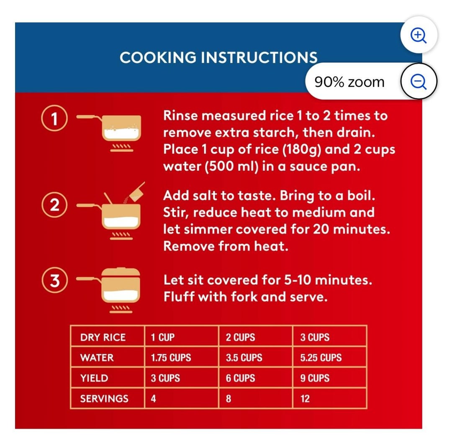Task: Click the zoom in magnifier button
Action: pyautogui.click(x=419, y=35)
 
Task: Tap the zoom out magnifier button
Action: pyautogui.click(x=419, y=82)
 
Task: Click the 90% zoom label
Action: pyautogui.click(x=349, y=82)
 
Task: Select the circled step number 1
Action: pyautogui.click(x=54, y=118)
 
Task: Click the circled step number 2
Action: pyautogui.click(x=54, y=205)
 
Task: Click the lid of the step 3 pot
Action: pyautogui.click(x=121, y=273)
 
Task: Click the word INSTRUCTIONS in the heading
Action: pyautogui.click(x=259, y=57)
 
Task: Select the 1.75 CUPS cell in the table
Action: pyautogui.click(x=171, y=357)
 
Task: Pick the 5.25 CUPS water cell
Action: pyautogui.click(x=321, y=357)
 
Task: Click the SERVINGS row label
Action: pyautogui.click(x=104, y=399)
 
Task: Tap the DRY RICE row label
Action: pyautogui.click(x=103, y=337)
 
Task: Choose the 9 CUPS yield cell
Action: pyautogui.click(x=315, y=378)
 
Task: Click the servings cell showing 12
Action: pyautogui.click(x=305, y=399)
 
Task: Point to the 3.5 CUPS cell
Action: pyautogui.click(x=244, y=357)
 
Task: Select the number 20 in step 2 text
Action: pyautogui.click(x=321, y=229)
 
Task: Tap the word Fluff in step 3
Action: pyautogui.click(x=179, y=297)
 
